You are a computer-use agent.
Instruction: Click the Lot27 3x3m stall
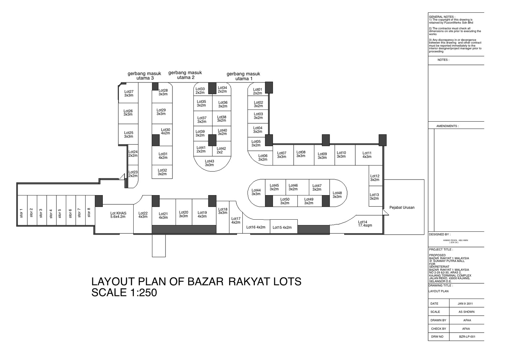pyautogui.click(x=129, y=93)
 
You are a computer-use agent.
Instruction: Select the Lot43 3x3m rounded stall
pyautogui.click(x=209, y=163)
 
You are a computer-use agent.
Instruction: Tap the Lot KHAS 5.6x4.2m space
pyautogui.click(x=118, y=215)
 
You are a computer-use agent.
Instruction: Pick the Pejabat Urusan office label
pyautogui.click(x=402, y=208)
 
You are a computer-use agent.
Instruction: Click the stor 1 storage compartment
pyautogui.click(x=22, y=213)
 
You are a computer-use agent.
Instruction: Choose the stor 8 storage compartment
pyautogui.click(x=89, y=212)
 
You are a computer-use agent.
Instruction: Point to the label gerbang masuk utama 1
pyautogui.click(x=243, y=76)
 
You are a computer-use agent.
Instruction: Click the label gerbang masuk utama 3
pyautogui.click(x=145, y=75)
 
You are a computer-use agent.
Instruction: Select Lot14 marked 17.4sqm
pyautogui.click(x=365, y=224)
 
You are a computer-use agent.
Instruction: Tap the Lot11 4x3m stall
pyautogui.click(x=367, y=155)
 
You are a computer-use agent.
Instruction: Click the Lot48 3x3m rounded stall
pyautogui.click(x=337, y=194)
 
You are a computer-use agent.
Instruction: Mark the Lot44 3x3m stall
pyautogui.click(x=256, y=192)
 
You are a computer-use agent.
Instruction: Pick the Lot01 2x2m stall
pyautogui.click(x=257, y=91)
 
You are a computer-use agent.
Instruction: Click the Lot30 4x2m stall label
pyautogui.click(x=165, y=131)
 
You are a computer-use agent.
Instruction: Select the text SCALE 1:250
pyautogui.click(x=124, y=293)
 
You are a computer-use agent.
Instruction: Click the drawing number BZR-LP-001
pyautogui.click(x=467, y=337)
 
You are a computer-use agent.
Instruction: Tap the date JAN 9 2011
pyautogui.click(x=465, y=304)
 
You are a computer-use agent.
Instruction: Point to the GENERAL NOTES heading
pyautogui.click(x=442, y=17)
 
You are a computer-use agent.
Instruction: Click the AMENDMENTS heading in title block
pyautogui.click(x=447, y=126)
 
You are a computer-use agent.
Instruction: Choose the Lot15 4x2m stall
pyautogui.click(x=282, y=227)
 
